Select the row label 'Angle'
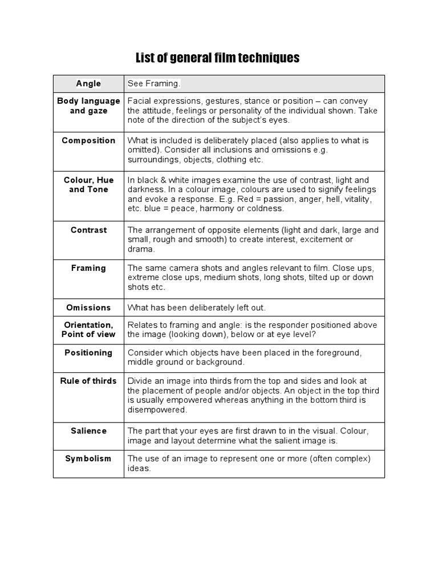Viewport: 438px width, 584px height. (88, 84)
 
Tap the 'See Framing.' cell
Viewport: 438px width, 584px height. (154, 84)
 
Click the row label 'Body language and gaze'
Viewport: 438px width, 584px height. (88, 106)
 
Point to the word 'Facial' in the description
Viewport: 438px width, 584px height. (140, 101)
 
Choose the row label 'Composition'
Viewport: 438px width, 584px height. (88, 140)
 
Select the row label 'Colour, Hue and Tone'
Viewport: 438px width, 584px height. (88, 185)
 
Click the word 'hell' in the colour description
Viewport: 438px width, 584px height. (327, 200)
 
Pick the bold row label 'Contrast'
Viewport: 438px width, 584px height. (88, 230)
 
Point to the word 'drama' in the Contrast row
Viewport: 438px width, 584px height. (140, 249)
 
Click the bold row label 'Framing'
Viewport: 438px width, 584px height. (88, 268)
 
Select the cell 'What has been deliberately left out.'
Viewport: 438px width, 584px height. (197, 307)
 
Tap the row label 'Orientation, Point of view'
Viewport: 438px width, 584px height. (88, 330)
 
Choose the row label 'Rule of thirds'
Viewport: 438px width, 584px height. (88, 381)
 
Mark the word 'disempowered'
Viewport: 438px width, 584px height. (157, 410)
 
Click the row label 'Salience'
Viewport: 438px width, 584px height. (88, 431)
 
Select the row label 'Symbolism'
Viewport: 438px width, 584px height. (88, 459)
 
